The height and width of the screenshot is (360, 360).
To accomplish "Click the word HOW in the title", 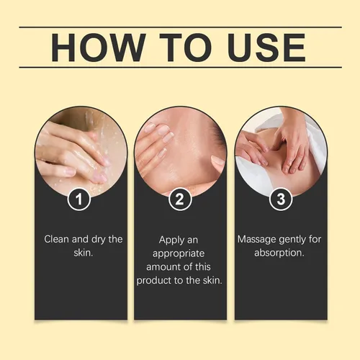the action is [x=99, y=48].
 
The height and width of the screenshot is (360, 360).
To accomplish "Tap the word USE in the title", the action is [x=267, y=48].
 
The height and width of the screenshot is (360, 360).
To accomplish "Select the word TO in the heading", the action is [x=186, y=48].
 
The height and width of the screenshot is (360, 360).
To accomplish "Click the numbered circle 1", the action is [x=78, y=199].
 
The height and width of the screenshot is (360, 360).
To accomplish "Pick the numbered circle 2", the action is [x=180, y=199].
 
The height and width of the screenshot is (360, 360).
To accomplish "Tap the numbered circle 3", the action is [x=281, y=199].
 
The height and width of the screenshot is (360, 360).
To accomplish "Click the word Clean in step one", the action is [x=56, y=239].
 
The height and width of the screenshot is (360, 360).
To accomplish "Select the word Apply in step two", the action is [x=168, y=240].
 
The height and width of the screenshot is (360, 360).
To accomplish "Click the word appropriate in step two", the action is [x=179, y=254].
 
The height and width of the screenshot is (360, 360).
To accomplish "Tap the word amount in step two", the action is [x=161, y=267].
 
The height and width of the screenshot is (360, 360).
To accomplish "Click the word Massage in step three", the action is [x=256, y=240].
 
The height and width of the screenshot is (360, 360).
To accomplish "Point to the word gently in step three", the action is [x=292, y=240].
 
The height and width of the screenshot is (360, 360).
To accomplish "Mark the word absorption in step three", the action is [x=279, y=253].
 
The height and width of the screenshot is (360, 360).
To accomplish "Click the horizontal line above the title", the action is [x=181, y=27].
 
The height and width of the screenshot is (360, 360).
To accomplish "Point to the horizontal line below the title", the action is [x=181, y=67].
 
